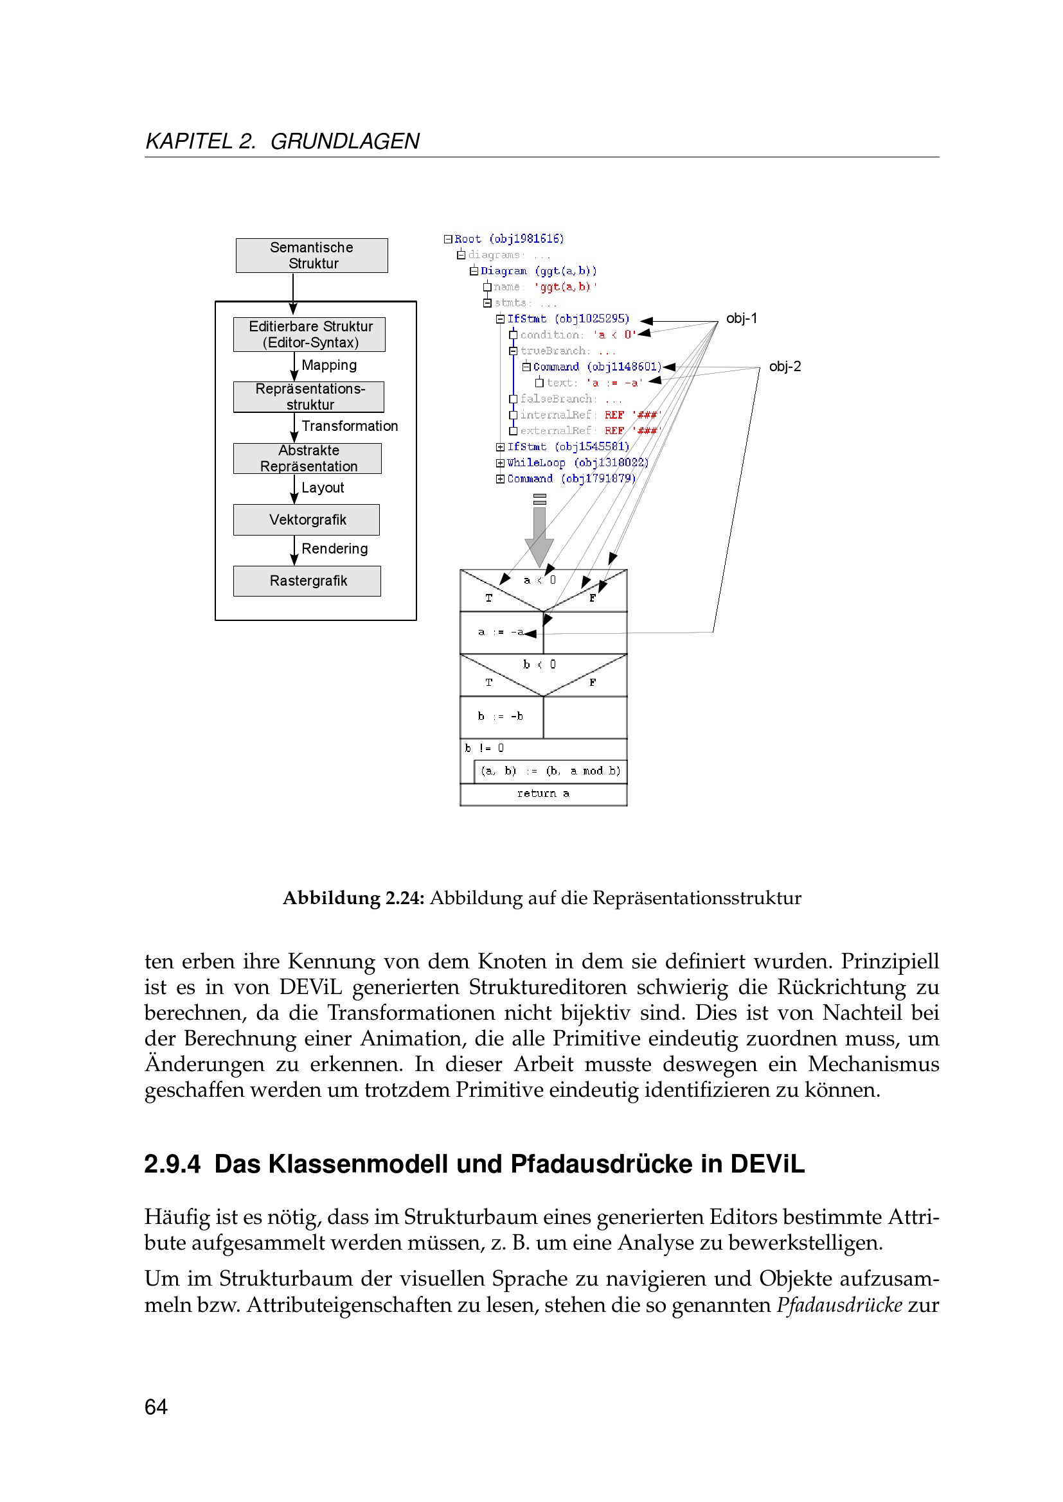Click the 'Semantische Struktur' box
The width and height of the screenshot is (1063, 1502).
click(x=312, y=255)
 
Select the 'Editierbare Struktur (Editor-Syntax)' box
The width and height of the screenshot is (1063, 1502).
click(x=310, y=335)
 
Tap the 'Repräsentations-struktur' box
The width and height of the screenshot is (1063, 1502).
click(x=309, y=396)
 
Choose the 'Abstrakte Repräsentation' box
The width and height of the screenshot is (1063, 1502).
click(x=308, y=458)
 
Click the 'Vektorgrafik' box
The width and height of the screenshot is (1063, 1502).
click(x=307, y=520)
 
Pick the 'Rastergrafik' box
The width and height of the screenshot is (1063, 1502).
click(x=308, y=581)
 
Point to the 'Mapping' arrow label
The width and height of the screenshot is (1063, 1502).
click(x=328, y=365)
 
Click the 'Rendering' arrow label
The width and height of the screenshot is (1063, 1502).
click(x=334, y=548)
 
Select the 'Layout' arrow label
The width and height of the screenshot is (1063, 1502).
click(x=323, y=487)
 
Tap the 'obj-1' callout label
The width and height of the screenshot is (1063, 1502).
click(x=742, y=319)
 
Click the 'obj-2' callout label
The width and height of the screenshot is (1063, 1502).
click(x=785, y=366)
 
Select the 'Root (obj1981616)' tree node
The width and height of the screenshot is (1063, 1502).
click(x=508, y=239)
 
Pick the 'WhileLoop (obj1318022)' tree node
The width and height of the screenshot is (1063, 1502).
click(x=577, y=462)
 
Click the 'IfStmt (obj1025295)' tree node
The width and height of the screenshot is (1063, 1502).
click(x=567, y=319)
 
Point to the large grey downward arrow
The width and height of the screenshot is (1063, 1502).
click(x=539, y=533)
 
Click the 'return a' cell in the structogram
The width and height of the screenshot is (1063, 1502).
click(x=543, y=794)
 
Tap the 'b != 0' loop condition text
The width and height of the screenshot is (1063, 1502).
click(x=485, y=747)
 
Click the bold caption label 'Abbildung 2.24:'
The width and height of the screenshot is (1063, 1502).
click(x=353, y=898)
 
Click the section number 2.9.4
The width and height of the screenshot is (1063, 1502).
click(x=172, y=1164)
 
